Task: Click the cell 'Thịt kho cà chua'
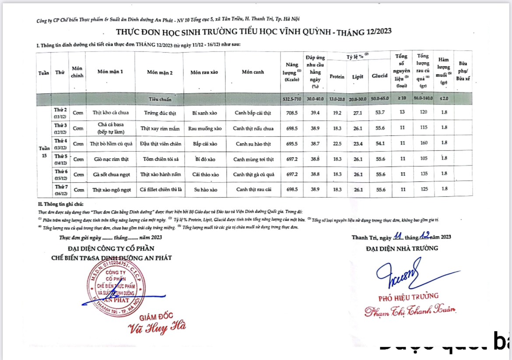[x=110, y=113]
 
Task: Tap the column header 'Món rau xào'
[x=204, y=73]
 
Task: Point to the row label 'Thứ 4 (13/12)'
[x=60, y=143]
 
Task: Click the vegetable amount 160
[x=423, y=143]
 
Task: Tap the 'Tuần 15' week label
[x=43, y=151]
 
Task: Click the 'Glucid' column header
[x=379, y=76]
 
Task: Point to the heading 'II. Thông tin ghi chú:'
[x=60, y=204]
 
